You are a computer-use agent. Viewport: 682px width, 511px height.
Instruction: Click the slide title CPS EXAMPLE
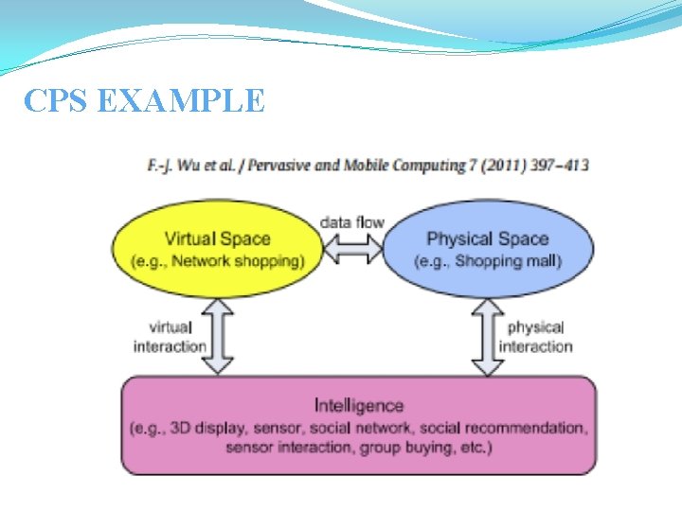point(144,99)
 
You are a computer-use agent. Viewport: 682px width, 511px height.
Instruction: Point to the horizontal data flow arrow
point(351,247)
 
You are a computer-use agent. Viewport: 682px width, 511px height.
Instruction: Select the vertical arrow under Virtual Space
point(219,336)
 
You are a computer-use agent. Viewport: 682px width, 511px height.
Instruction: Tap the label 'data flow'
point(351,222)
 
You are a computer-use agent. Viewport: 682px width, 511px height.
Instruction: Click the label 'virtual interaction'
point(170,337)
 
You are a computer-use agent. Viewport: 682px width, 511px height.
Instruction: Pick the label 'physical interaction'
point(536,337)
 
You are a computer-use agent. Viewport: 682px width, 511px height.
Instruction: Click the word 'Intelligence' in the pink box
point(358,406)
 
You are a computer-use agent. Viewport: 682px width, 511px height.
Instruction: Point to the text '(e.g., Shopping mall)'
point(488,261)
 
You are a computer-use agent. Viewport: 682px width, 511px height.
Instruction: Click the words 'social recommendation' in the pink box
point(503,428)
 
